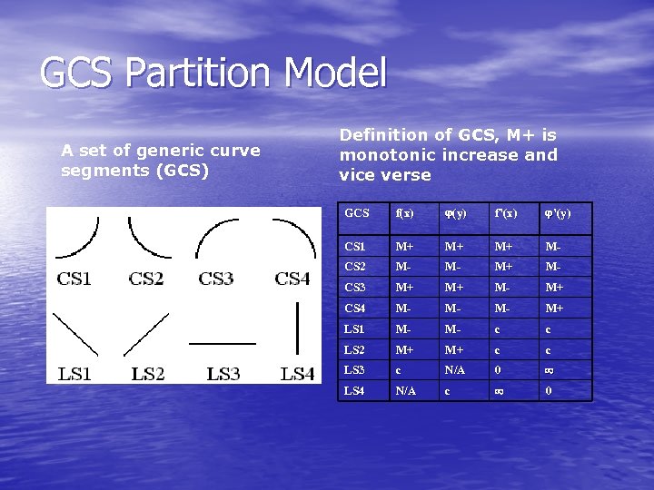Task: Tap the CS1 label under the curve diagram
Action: [x=74, y=279]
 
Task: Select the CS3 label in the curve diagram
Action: [x=216, y=279]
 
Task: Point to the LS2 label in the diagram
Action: [x=148, y=373]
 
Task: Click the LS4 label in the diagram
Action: [x=298, y=373]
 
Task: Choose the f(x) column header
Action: [x=404, y=215]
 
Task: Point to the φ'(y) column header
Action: [x=558, y=215]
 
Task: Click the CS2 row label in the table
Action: [x=355, y=268]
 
